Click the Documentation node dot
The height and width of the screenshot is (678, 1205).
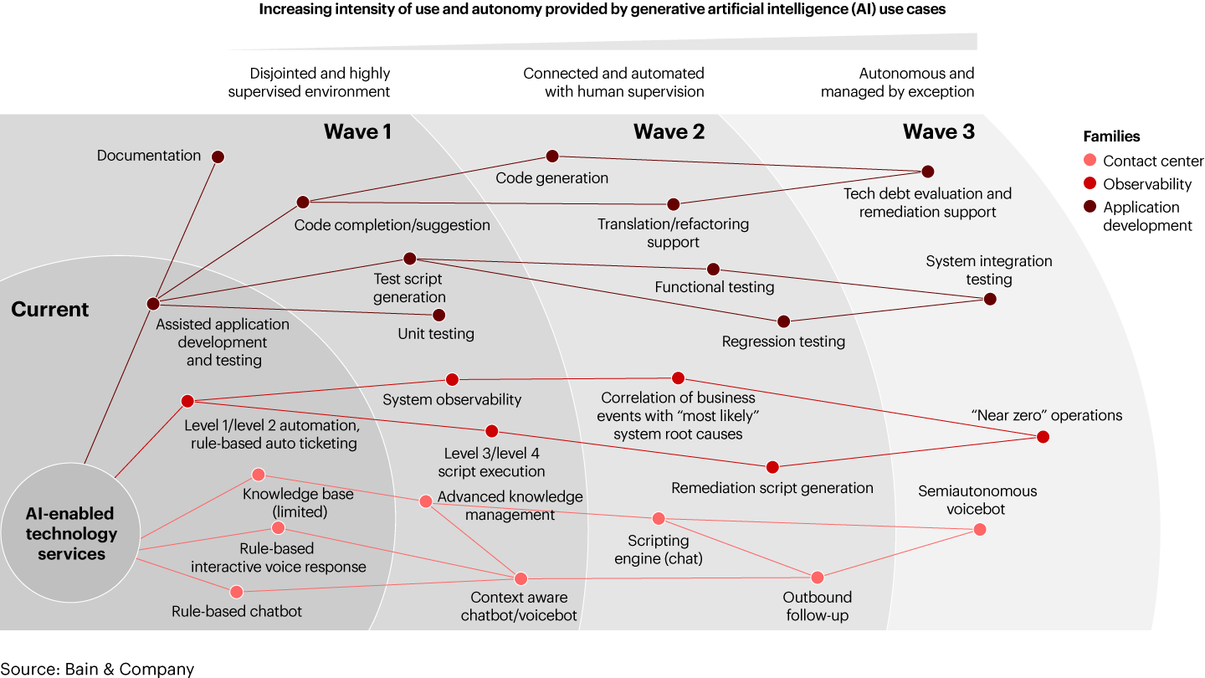218,157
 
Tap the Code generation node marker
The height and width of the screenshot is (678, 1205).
552,157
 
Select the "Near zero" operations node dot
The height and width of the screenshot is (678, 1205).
1043,437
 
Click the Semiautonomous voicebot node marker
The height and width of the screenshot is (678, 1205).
980,530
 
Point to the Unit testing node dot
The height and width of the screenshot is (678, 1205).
438,316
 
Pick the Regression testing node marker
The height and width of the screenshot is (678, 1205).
783,321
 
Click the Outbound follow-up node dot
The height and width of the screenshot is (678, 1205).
818,578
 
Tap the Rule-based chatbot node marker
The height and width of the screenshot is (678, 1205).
236,592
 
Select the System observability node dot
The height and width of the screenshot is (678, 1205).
452,379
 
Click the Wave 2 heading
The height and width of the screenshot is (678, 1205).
669,131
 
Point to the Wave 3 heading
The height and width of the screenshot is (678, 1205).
938,131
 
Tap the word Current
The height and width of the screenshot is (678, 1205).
49,310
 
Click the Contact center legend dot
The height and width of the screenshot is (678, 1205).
1090,161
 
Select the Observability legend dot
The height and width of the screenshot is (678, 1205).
1090,184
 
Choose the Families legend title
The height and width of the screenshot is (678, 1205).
1111,136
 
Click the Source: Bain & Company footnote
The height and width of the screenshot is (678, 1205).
97,669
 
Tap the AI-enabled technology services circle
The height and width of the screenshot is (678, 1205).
71,534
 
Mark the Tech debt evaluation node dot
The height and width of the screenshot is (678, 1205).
927,172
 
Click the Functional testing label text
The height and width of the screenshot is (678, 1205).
715,287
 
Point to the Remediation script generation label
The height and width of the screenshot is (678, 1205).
772,488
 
